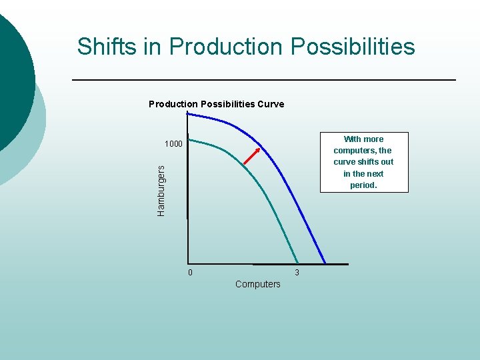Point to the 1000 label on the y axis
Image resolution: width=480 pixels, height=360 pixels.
click(x=173, y=144)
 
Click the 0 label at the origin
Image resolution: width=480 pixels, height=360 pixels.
click(x=189, y=273)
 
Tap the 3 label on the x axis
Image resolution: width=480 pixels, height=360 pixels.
click(x=297, y=273)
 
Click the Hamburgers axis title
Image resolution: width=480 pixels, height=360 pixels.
click(x=161, y=190)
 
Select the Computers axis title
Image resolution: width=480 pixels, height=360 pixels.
click(x=258, y=284)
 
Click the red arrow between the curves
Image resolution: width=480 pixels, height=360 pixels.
click(x=251, y=154)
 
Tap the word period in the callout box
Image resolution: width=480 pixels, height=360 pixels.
click(x=363, y=185)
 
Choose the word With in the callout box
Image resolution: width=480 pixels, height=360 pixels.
click(x=353, y=139)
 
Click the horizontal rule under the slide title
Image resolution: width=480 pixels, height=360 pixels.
click(x=263, y=80)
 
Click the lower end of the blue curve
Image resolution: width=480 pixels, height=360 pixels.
click(x=325, y=262)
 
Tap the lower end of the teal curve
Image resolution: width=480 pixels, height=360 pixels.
click(x=297, y=261)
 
